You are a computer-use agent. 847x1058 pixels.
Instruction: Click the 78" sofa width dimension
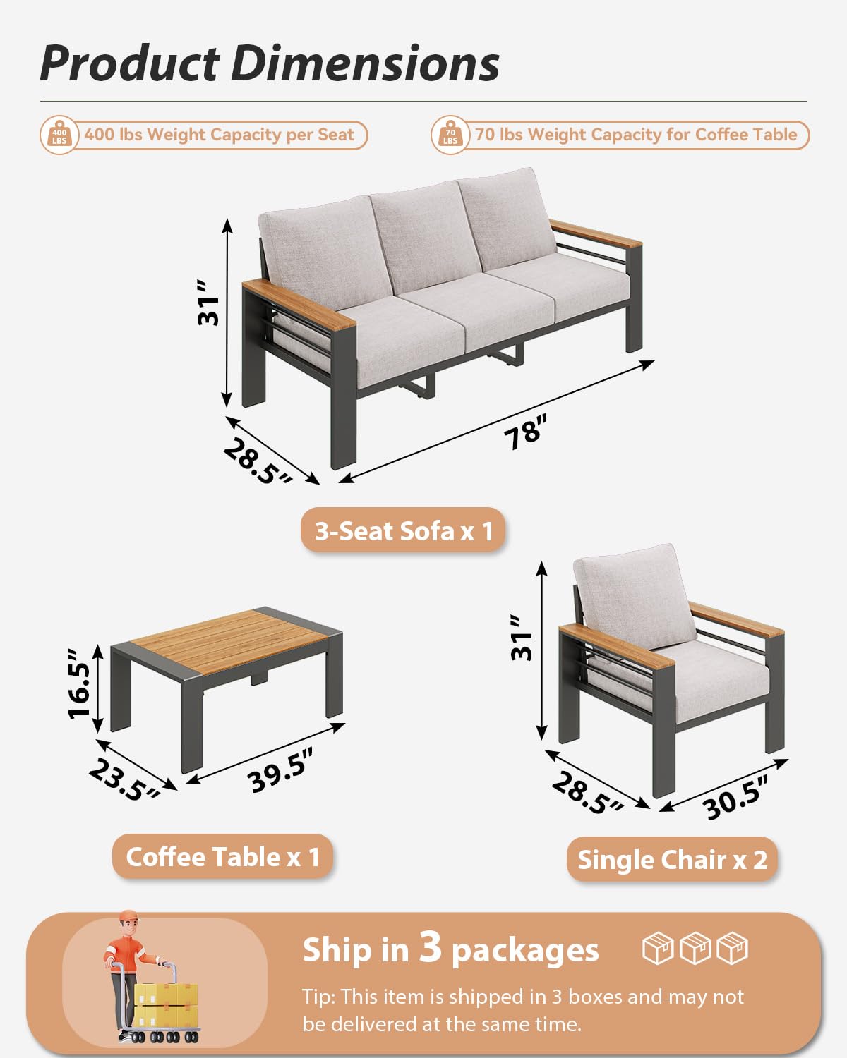[526, 430]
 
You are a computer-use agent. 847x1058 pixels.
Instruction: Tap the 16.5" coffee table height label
[79, 690]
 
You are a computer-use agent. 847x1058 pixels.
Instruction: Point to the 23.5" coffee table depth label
[124, 782]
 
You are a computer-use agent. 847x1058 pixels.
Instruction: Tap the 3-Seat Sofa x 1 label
[403, 530]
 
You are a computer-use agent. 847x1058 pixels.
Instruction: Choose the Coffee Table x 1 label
[222, 857]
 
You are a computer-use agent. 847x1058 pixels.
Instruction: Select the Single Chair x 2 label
[672, 860]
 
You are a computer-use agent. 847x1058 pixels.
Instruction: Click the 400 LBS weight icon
[59, 134]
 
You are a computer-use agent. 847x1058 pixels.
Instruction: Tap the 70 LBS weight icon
[450, 134]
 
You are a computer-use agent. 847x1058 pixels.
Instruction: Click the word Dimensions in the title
[365, 63]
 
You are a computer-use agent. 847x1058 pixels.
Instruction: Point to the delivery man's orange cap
[128, 916]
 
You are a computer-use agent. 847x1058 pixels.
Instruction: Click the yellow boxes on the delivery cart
[166, 1005]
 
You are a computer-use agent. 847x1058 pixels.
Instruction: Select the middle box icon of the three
[695, 948]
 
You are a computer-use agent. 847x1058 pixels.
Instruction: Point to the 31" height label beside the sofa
[208, 303]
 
